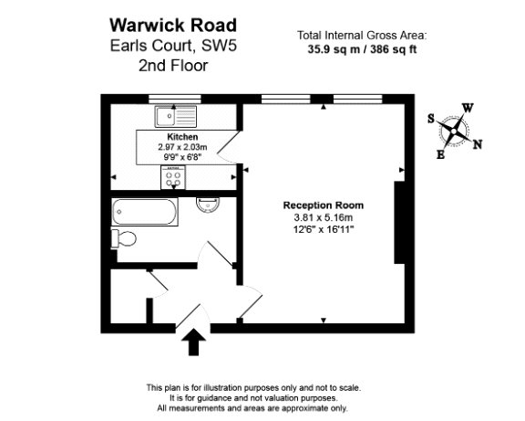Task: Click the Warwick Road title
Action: (x=173, y=26)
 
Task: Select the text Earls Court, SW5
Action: (x=173, y=46)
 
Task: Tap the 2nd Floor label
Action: (x=173, y=66)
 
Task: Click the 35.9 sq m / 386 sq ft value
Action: (x=362, y=49)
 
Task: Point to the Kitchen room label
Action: (x=182, y=137)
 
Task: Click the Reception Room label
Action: (x=323, y=205)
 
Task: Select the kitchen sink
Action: (x=175, y=116)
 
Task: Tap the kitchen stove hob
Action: (x=173, y=177)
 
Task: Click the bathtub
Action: (x=144, y=211)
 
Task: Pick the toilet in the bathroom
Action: (x=124, y=239)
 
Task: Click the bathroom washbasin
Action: (x=208, y=205)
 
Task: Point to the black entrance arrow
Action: (x=193, y=342)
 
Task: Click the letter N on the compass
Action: (x=478, y=144)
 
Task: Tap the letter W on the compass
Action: (x=468, y=108)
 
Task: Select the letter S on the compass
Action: (x=431, y=119)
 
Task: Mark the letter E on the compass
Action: (x=440, y=154)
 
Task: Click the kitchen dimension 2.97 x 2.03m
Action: (x=182, y=147)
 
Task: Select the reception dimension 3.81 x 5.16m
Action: (x=323, y=217)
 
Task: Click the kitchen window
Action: (x=174, y=99)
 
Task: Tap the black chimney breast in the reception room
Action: (x=399, y=223)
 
